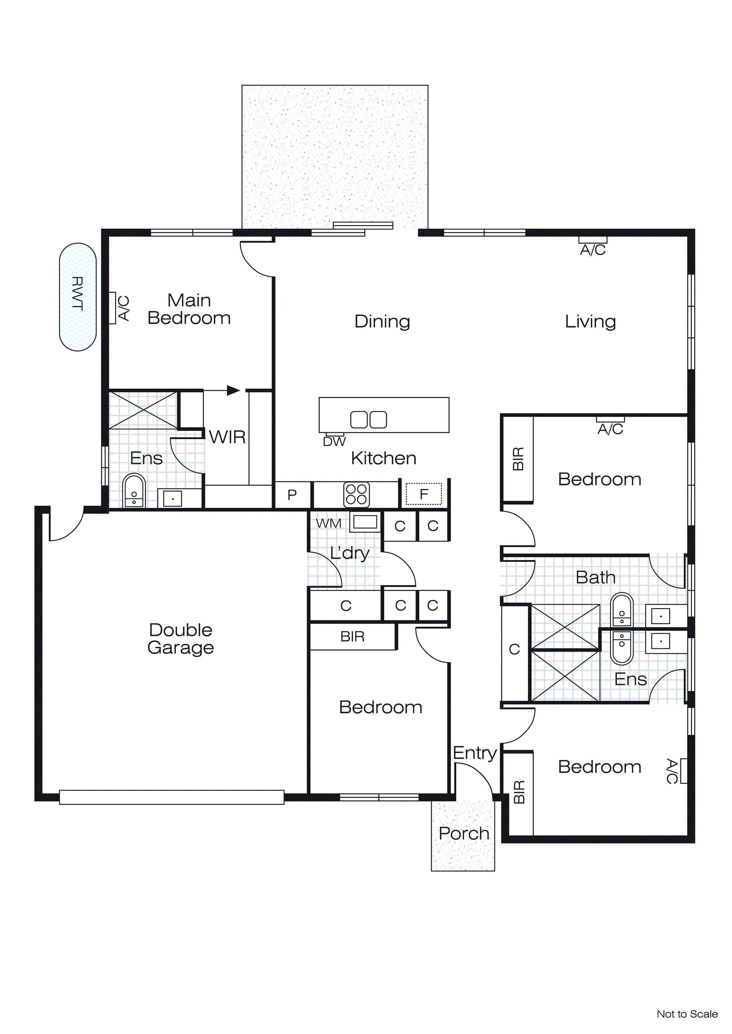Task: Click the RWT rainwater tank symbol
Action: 78,297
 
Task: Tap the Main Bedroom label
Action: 189,309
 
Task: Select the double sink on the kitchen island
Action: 368,419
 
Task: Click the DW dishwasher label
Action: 334,442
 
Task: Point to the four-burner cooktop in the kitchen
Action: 356,495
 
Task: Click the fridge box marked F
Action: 424,494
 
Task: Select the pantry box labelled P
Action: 292,495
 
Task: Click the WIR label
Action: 227,437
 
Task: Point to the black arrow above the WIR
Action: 233,390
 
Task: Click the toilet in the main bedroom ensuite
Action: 134,492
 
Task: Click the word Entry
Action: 474,752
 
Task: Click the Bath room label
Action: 595,577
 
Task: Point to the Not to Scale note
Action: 687,1014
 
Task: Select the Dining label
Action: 382,322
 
